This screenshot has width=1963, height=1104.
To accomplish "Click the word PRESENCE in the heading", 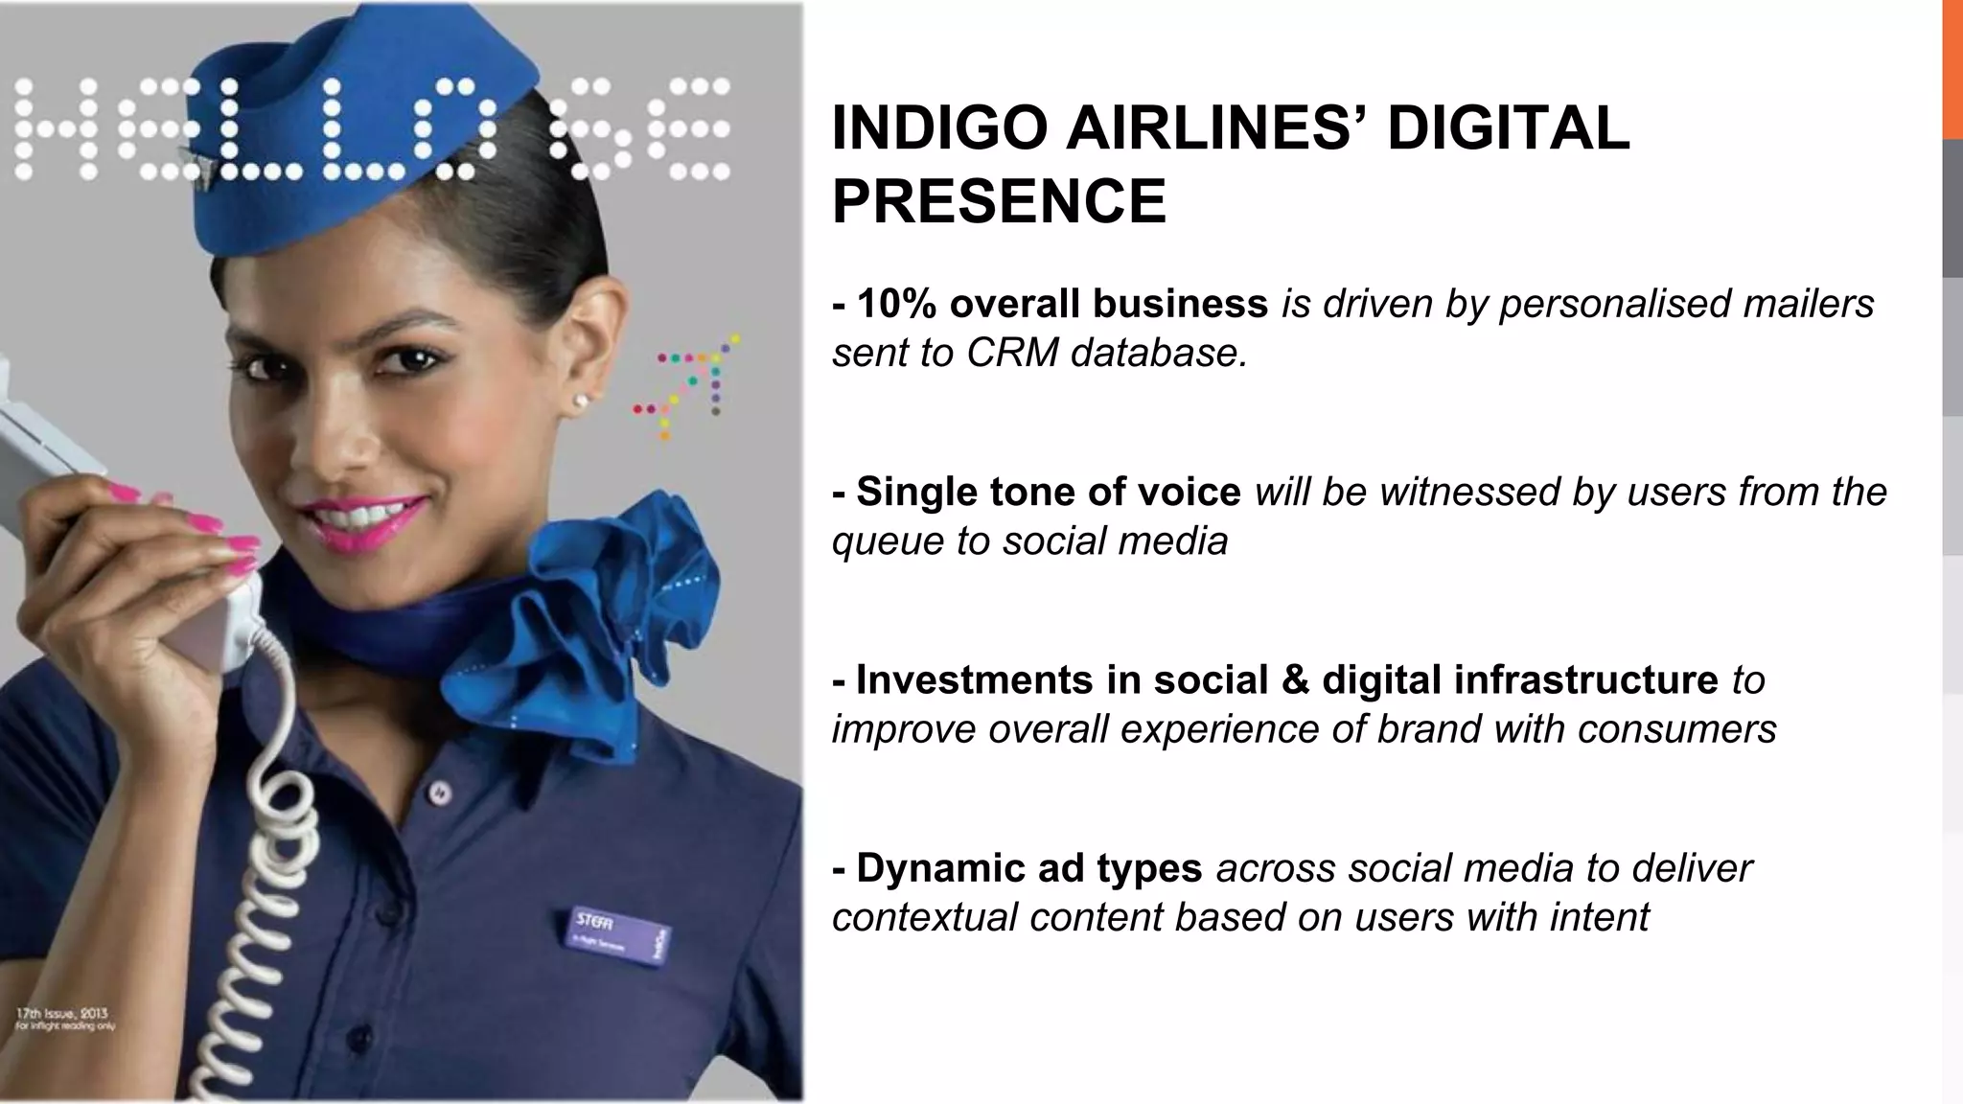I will (x=999, y=201).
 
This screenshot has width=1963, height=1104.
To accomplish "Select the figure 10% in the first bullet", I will (x=895, y=304).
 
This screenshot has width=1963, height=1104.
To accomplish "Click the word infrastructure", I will (x=1585, y=679).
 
